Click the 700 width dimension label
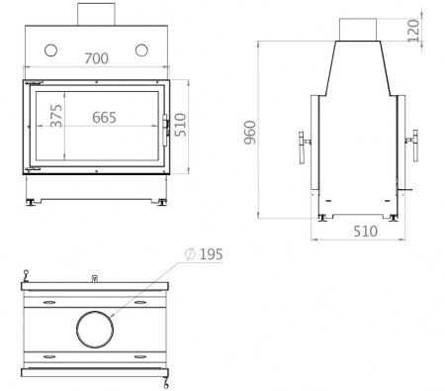[x=96, y=58]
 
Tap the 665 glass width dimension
[x=104, y=118]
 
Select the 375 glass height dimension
[x=56, y=116]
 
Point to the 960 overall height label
[x=250, y=133]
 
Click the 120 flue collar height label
[x=413, y=31]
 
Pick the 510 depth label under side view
[x=365, y=232]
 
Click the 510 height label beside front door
[x=180, y=125]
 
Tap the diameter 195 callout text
[x=204, y=254]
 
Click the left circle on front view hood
[x=50, y=50]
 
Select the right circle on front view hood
[x=141, y=50]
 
